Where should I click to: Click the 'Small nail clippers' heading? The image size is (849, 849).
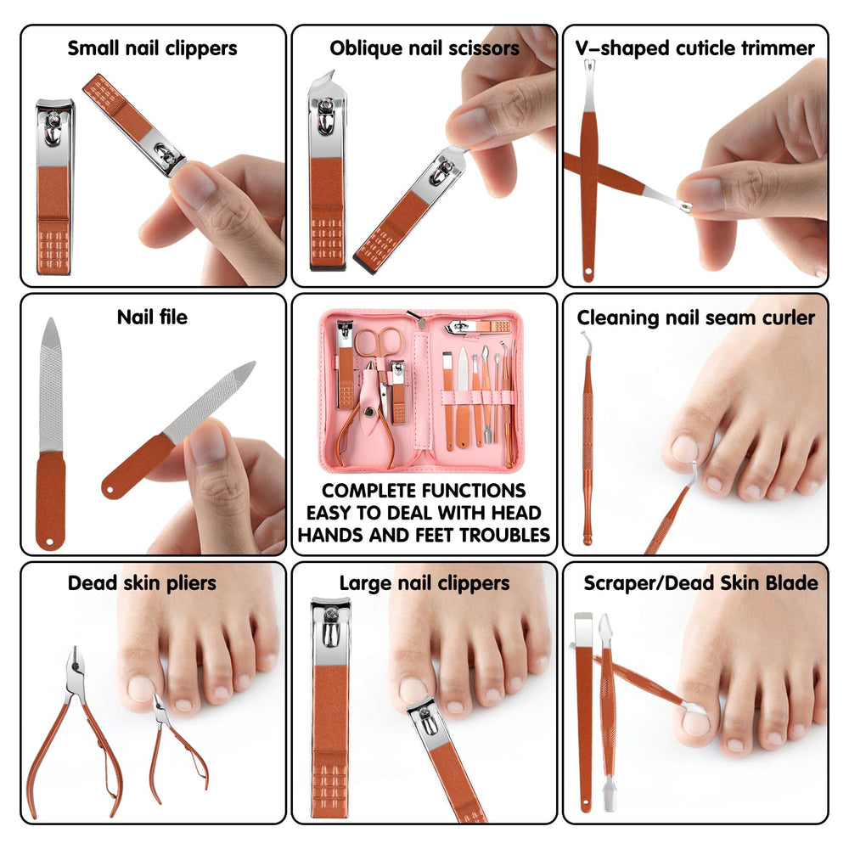[152, 48]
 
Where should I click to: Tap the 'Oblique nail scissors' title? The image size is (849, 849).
[424, 48]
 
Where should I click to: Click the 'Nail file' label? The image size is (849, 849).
[152, 317]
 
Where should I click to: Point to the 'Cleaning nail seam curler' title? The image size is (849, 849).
[696, 318]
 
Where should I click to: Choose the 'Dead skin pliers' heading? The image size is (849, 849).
[142, 583]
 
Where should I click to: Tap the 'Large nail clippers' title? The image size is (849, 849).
[424, 583]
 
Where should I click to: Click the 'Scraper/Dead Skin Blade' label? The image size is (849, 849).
[700, 583]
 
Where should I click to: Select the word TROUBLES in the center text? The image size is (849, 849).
[504, 535]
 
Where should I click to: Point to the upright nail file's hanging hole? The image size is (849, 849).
[50, 542]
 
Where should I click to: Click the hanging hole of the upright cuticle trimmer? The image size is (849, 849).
[588, 271]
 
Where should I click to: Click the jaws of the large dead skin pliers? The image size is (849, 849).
[76, 661]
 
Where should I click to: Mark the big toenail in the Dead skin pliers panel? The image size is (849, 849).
[141, 689]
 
